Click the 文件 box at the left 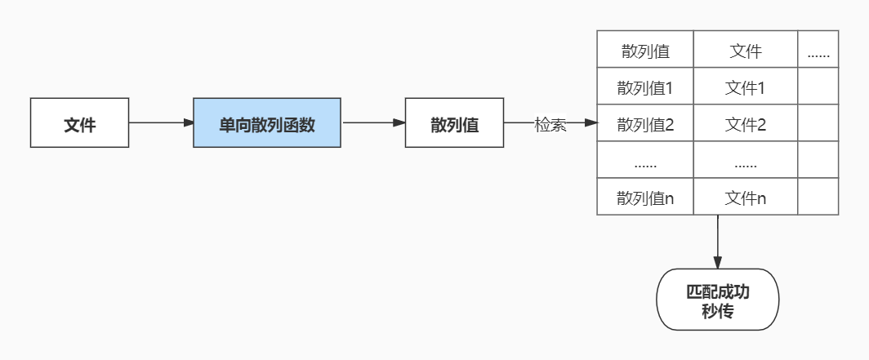point(79,123)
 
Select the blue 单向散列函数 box point(266,123)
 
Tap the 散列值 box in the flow point(454,123)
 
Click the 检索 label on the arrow point(550,124)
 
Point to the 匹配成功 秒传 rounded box point(718,300)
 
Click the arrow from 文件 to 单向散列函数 point(161,123)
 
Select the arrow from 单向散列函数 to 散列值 point(372,123)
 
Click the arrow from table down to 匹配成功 point(718,242)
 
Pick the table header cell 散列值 point(645,51)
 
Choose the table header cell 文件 point(745,51)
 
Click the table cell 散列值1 point(645,87)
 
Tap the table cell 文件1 point(745,87)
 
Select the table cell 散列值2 point(645,124)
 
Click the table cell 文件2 point(745,124)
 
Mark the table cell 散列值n point(645,198)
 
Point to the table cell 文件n point(745,198)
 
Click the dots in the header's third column point(818,53)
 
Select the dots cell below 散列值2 point(645,162)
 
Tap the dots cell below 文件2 point(745,162)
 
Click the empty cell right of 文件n point(818,198)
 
